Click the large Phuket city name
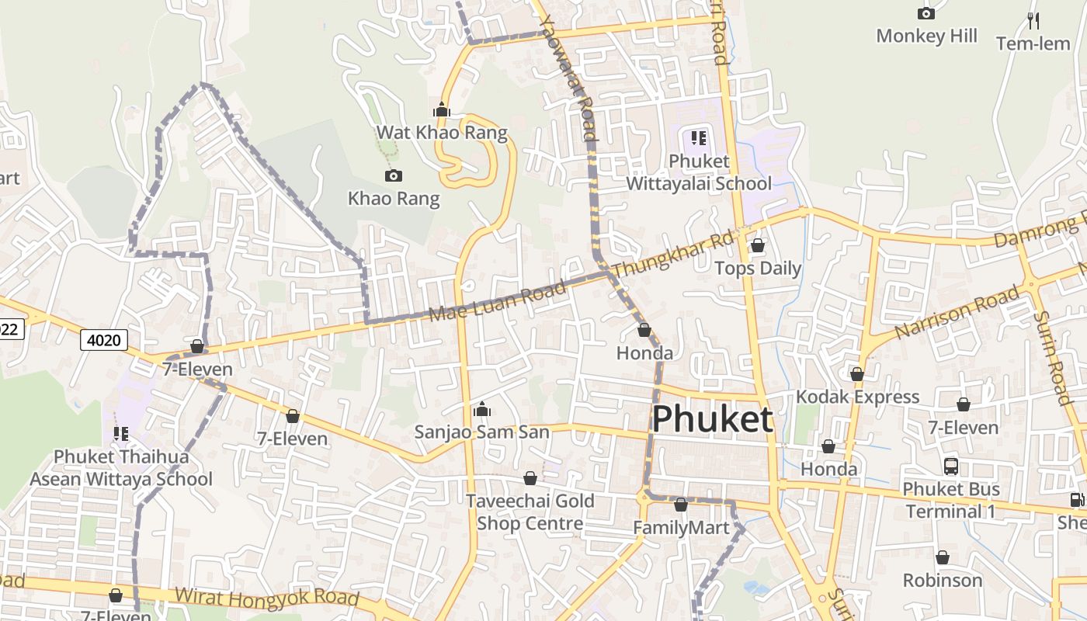(x=712, y=419)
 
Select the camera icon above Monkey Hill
(x=926, y=13)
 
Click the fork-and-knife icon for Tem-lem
(x=1033, y=20)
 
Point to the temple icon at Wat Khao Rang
(x=442, y=110)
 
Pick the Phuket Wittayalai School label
(x=699, y=172)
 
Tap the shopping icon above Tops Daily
(x=757, y=246)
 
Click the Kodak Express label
(x=857, y=397)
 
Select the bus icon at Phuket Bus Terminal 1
(x=951, y=467)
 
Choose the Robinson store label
(x=942, y=580)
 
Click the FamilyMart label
(x=681, y=528)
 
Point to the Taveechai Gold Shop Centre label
(x=530, y=512)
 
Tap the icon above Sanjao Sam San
(x=481, y=409)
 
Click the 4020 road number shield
(x=104, y=339)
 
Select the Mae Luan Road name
(x=498, y=303)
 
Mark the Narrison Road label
(x=957, y=312)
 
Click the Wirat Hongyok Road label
(x=267, y=597)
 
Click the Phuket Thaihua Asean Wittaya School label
(x=120, y=467)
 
